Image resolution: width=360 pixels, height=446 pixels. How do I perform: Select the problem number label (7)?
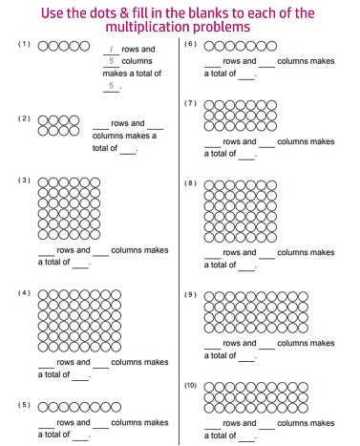point(190,102)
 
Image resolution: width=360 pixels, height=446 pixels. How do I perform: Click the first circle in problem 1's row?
point(44,46)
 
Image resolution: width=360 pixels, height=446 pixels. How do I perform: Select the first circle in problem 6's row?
point(210,46)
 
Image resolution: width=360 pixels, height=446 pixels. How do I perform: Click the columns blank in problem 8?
point(267,252)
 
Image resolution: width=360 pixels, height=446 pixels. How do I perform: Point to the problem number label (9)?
point(190,294)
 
